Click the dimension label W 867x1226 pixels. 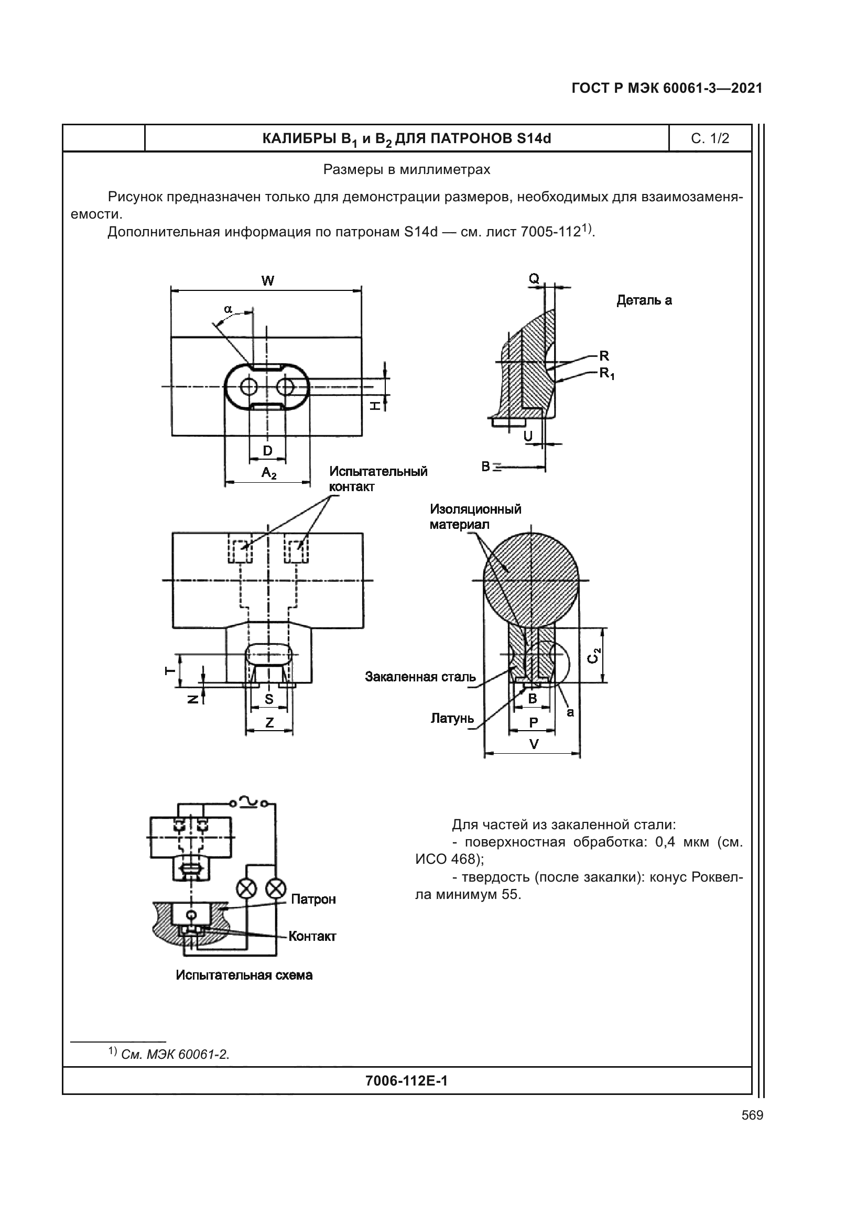tap(267, 281)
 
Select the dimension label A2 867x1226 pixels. tap(268, 473)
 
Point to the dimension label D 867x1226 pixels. tap(267, 451)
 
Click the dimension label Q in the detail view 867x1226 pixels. tap(534, 278)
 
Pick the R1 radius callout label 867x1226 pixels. tap(606, 373)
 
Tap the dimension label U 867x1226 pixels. tap(527, 436)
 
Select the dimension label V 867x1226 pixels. tap(533, 744)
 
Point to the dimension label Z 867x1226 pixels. tap(269, 722)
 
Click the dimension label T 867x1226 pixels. tap(170, 671)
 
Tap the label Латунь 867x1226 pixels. tap(452, 719)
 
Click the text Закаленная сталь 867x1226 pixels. tap(420, 677)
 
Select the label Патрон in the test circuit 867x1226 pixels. tap(313, 899)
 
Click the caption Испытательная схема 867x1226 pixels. tap(244, 975)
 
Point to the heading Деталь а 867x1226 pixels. tap(644, 301)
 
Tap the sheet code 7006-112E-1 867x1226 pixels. tap(406, 1081)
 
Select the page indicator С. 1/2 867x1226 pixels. tap(710, 139)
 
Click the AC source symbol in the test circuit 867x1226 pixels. tap(249, 802)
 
